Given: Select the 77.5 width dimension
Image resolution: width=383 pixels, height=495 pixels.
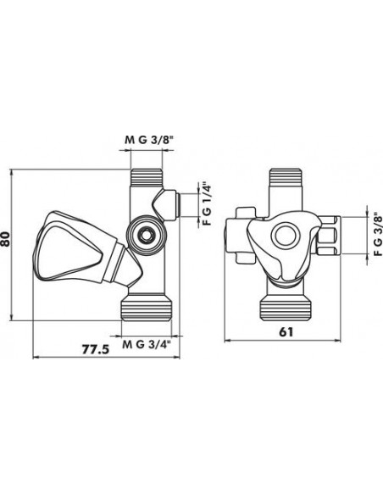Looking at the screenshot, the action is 96,349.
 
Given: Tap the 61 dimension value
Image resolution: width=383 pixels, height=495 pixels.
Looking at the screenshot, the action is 286,331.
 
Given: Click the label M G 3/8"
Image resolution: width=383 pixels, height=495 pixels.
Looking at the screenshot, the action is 149,140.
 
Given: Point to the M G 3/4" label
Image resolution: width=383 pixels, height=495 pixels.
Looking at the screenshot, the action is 147,344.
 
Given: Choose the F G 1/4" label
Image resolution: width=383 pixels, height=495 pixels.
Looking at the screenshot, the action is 206,203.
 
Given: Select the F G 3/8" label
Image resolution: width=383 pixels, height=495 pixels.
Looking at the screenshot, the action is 377,236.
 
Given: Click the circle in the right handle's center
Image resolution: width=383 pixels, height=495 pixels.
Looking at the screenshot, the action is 284,235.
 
